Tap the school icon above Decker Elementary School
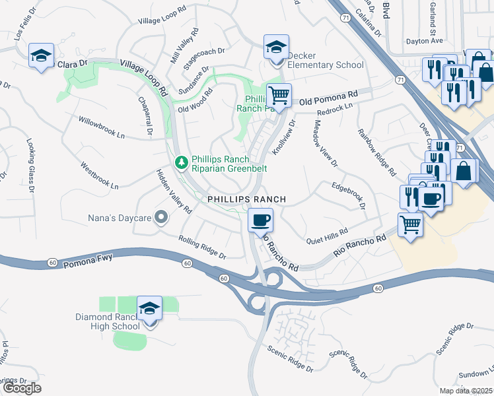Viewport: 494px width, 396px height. (x=276, y=48)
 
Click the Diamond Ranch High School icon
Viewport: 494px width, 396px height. (x=149, y=308)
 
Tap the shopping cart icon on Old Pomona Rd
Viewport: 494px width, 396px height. (x=279, y=96)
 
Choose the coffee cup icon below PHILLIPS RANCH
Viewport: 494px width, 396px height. (x=260, y=219)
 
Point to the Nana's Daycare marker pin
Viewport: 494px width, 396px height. (x=160, y=218)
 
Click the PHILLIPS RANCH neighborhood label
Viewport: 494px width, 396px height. (x=246, y=199)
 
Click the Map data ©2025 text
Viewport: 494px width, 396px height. (x=466, y=391)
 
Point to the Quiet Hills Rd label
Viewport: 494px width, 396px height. (x=327, y=236)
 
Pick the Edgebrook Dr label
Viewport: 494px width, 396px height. (x=348, y=195)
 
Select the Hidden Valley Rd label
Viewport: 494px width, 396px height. (x=174, y=191)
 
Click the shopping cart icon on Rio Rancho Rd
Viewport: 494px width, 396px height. (x=411, y=226)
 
